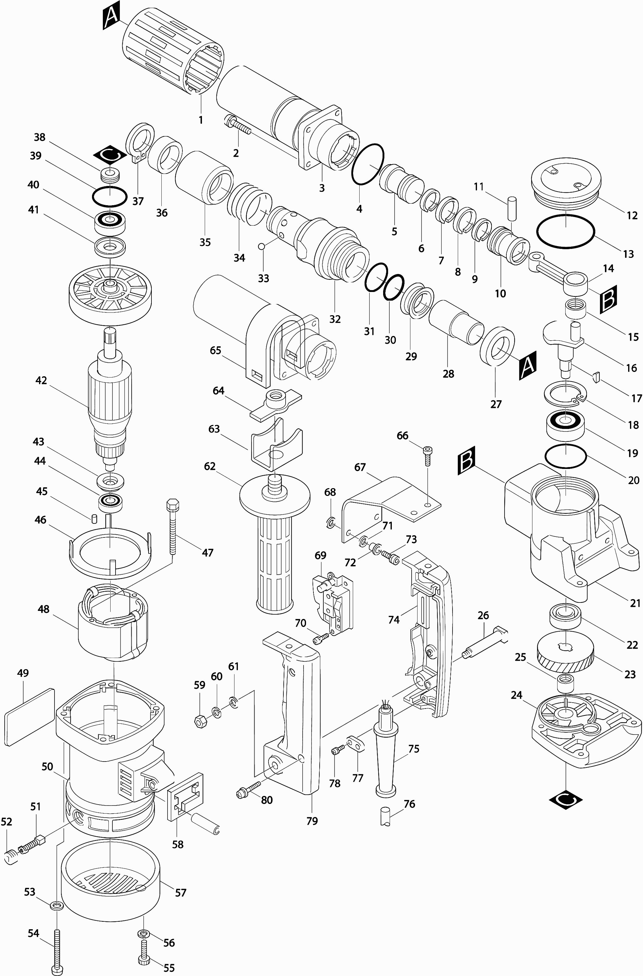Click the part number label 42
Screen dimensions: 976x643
(41, 380)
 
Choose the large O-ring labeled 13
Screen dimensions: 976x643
(565, 232)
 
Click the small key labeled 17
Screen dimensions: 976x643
(597, 376)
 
